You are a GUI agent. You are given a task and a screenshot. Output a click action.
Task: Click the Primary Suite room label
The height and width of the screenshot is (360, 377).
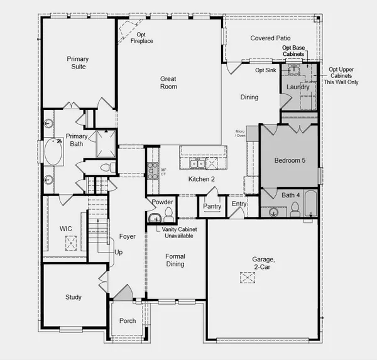[79, 63]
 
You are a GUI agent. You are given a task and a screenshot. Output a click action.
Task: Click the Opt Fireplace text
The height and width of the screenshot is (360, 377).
[141, 38]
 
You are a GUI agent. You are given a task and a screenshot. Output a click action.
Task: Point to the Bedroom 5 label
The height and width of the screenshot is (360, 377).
[290, 161]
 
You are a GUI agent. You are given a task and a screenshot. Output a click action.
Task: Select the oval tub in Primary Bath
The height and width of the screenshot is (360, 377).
[51, 153]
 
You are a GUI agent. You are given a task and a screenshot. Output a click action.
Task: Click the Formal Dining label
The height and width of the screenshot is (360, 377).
[175, 260]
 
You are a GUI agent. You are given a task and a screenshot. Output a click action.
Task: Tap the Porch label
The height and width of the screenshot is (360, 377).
[128, 321]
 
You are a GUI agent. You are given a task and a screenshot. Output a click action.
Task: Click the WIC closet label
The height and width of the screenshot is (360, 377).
[67, 228]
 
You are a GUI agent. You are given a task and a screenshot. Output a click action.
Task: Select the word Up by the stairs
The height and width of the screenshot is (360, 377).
[119, 252]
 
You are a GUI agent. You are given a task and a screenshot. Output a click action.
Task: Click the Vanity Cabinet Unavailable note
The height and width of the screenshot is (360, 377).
[179, 233]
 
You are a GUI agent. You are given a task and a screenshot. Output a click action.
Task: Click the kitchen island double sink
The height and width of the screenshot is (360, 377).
[197, 164]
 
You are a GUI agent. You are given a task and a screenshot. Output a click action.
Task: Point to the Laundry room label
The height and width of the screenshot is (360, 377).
[297, 87]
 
